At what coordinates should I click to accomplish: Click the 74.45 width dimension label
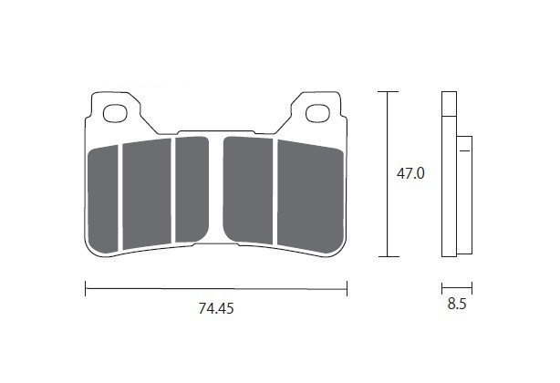tap(216, 308)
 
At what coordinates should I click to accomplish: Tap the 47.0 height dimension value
tap(410, 174)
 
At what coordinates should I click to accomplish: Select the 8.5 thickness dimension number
tap(457, 304)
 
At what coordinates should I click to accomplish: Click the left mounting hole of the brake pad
tap(115, 113)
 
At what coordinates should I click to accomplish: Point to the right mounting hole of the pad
tap(317, 113)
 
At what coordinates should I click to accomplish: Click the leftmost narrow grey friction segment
tap(103, 199)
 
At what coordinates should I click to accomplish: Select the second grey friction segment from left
tap(147, 194)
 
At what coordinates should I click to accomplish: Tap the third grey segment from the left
tap(192, 189)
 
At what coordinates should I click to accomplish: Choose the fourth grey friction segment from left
tap(248, 190)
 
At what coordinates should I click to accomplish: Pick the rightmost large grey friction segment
tap(310, 196)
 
